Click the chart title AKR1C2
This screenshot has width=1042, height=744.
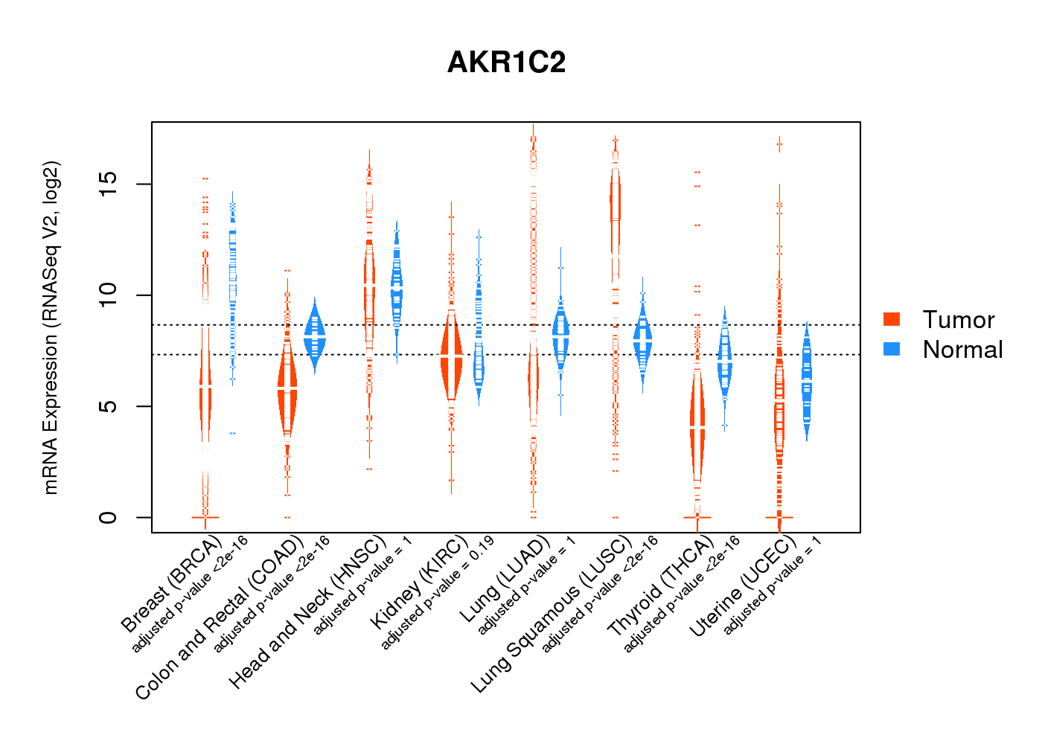click(506, 62)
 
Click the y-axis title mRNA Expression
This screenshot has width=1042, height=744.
click(51, 327)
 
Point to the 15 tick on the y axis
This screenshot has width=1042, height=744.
click(109, 184)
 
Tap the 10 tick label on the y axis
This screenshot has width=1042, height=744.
click(109, 295)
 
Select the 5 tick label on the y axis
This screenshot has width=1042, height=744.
click(109, 406)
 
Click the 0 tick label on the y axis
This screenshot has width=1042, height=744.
click(109, 517)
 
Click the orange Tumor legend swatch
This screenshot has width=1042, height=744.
click(892, 319)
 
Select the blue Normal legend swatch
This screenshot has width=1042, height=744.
click(892, 349)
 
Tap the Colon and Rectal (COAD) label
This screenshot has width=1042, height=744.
click(220, 617)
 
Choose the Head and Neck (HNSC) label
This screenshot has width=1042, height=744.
click(307, 612)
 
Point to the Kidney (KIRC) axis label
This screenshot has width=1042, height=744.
click(419, 581)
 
